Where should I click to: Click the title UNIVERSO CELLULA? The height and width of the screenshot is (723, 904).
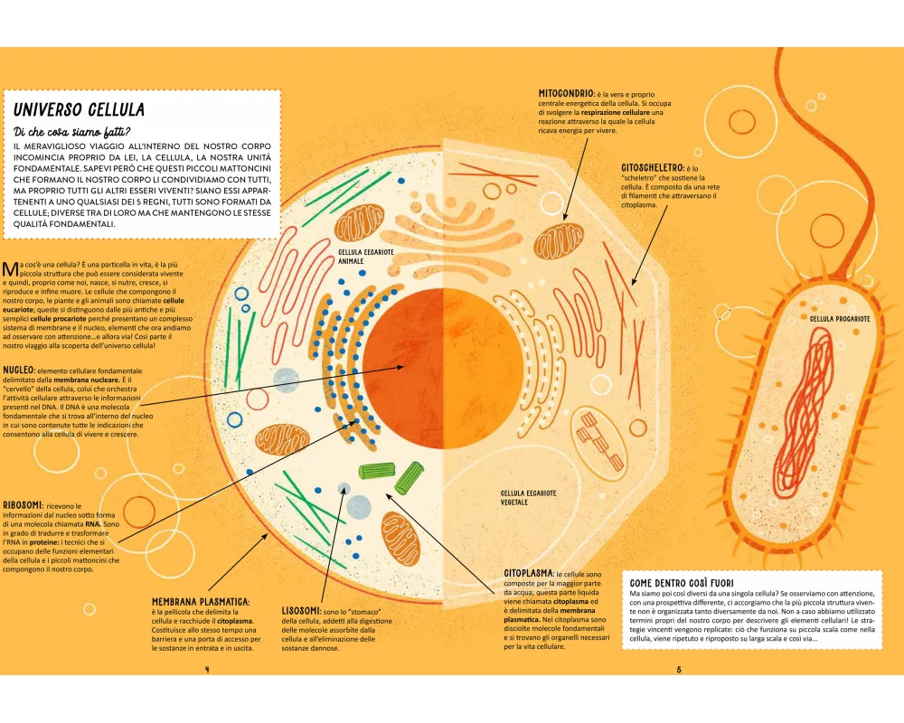80,110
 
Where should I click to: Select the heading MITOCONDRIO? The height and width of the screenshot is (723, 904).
566,93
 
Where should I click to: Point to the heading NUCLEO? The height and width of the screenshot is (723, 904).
19,371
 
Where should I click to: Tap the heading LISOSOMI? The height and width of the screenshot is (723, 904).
300,611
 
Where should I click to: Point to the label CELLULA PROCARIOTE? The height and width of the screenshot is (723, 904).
840,319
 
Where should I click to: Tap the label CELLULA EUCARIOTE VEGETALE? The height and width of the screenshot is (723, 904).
529,497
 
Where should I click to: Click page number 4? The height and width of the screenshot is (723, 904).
208,670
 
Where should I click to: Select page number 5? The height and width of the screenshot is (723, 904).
678,670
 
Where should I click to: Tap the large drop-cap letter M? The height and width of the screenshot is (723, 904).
10,268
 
